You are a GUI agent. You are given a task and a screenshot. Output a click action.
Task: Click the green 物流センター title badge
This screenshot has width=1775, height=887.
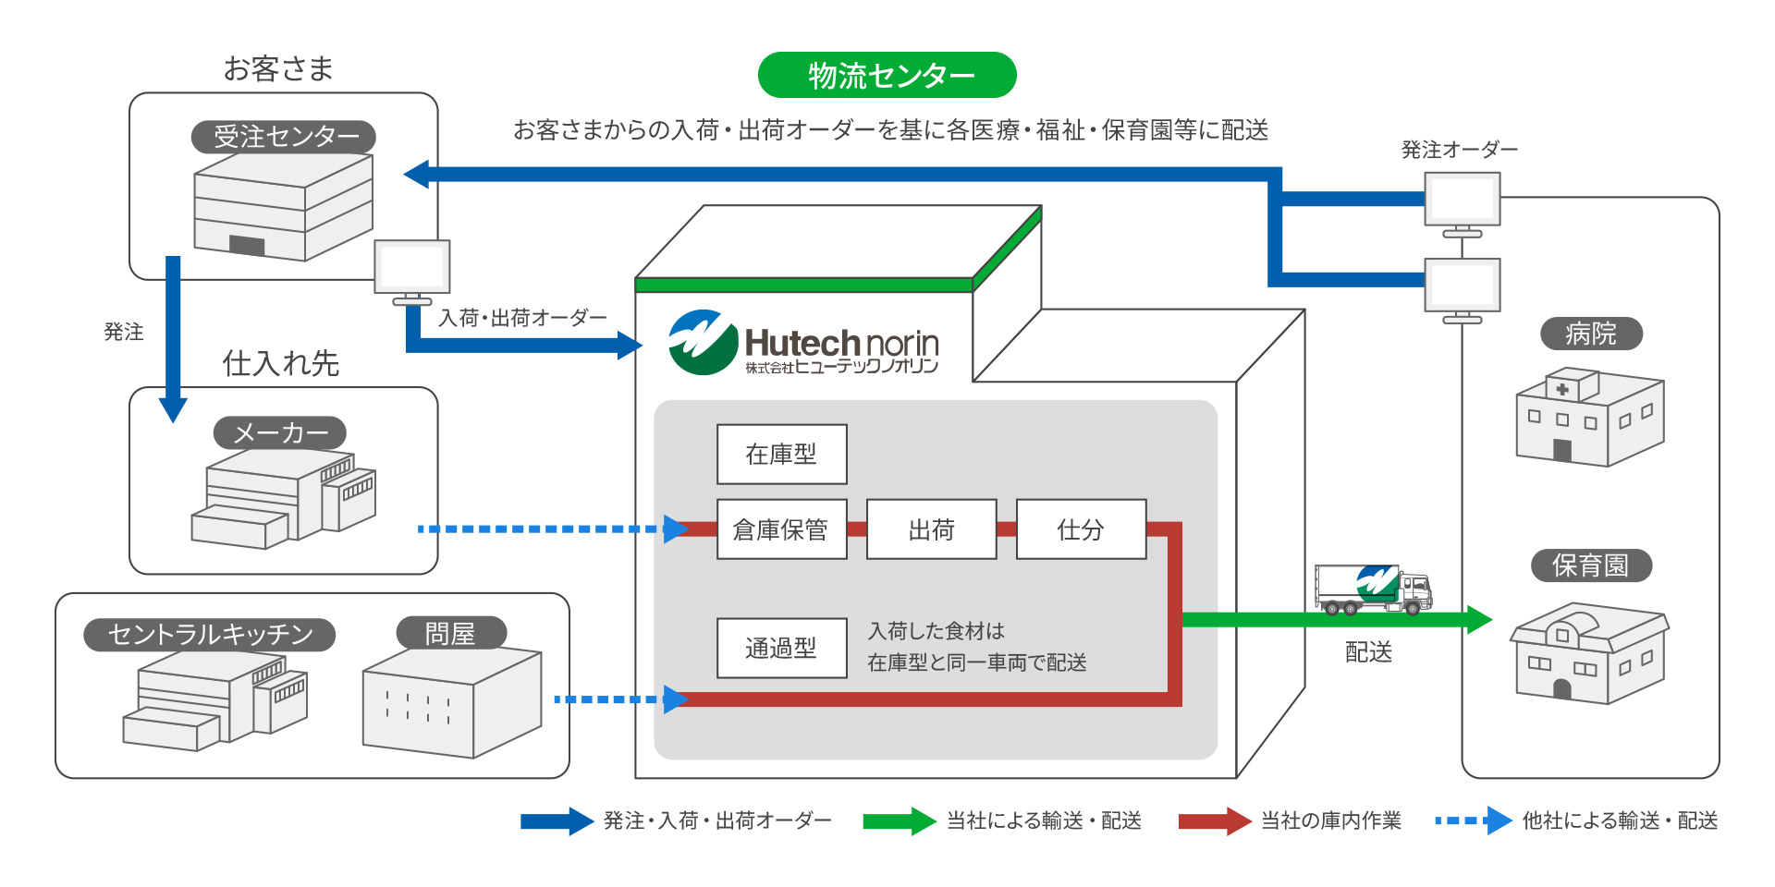[887, 75]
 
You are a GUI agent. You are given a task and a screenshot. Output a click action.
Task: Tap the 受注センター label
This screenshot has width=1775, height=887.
[284, 137]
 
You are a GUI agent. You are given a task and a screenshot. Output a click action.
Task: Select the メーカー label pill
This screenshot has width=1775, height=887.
[280, 432]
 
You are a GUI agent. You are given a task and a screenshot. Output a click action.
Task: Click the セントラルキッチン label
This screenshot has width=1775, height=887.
[210, 635]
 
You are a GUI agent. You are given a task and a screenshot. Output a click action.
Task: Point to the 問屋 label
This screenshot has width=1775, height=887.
[451, 634]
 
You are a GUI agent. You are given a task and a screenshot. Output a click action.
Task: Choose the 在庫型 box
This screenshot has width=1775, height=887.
[781, 454]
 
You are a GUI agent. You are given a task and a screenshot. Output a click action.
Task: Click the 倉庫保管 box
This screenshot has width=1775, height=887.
[781, 529]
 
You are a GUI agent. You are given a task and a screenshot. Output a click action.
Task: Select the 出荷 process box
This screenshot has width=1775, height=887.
[931, 529]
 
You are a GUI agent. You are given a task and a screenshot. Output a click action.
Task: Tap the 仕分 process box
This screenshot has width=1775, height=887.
[1081, 529]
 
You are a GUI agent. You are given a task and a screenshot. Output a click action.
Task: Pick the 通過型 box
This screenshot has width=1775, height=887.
[781, 648]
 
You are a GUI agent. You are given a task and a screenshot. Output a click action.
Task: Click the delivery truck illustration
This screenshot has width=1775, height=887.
[1373, 589]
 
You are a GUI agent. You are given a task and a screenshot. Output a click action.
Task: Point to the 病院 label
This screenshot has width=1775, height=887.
[1591, 334]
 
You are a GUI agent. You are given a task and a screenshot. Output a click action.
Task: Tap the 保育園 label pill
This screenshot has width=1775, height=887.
[1590, 565]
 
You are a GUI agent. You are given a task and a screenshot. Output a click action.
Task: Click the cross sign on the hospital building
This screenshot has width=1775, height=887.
[1562, 389]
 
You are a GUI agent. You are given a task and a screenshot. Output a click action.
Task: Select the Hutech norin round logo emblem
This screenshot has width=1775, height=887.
[703, 342]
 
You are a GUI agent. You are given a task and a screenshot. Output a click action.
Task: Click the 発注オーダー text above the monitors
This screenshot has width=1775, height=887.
[1459, 150]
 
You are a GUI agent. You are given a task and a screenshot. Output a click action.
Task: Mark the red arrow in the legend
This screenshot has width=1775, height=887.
[1214, 820]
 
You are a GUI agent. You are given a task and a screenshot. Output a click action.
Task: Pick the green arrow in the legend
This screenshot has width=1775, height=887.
[899, 820]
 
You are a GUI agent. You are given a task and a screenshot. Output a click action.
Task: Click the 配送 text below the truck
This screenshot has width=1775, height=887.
[1368, 652]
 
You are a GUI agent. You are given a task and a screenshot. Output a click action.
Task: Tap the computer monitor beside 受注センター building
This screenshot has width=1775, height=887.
[412, 268]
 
